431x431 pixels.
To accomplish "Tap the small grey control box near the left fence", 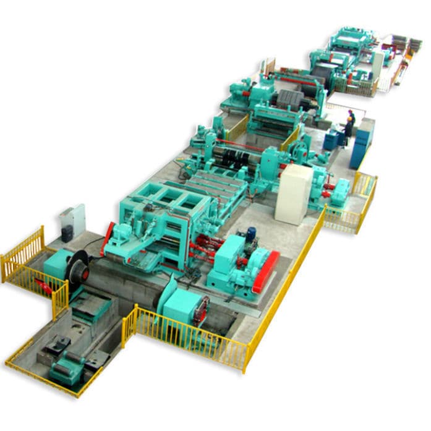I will [74, 219].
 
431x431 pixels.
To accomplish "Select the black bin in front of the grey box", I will [67, 233].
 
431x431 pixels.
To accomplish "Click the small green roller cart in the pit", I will [66, 371].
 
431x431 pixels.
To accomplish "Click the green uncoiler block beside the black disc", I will [57, 263].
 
